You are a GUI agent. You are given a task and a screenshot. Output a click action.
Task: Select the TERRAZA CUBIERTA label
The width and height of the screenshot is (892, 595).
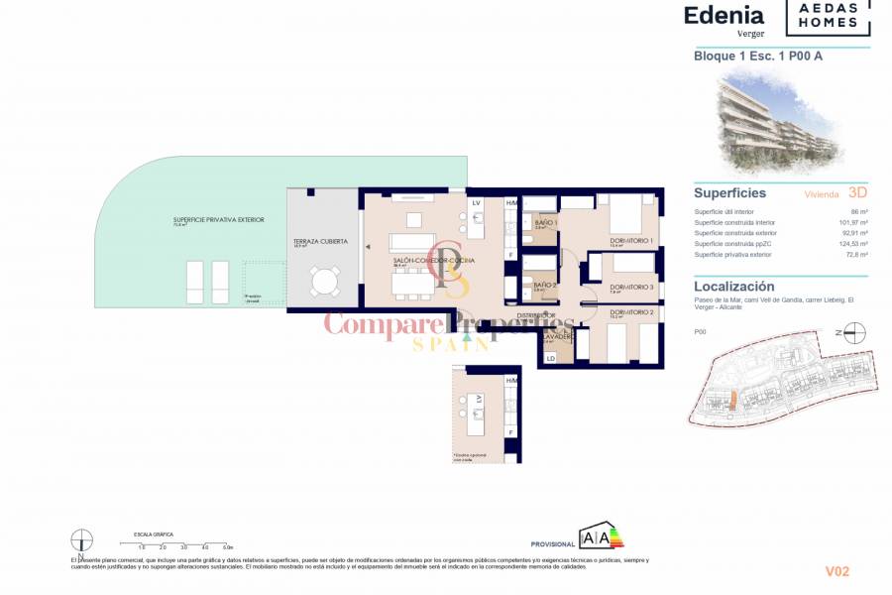click(319, 242)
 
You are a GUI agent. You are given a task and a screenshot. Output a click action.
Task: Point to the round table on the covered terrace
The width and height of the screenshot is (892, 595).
click(323, 283)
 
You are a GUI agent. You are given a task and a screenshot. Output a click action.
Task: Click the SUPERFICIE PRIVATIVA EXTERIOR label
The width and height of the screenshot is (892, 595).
click(218, 219)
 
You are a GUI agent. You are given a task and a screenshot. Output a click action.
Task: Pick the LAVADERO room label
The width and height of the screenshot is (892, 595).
click(557, 336)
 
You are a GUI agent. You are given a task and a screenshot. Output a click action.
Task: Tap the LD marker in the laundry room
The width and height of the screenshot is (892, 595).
click(551, 358)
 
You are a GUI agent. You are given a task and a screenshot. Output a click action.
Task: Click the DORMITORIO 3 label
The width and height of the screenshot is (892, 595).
click(631, 287)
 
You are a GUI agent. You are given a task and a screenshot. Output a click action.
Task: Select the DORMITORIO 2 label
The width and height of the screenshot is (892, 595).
click(631, 312)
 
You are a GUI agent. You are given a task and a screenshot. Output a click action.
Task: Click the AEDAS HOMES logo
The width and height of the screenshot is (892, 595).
click(829, 17)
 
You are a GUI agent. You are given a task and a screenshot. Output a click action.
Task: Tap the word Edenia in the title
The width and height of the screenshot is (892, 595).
click(724, 15)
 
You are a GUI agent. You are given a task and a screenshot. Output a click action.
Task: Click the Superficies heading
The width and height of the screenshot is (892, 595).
click(729, 193)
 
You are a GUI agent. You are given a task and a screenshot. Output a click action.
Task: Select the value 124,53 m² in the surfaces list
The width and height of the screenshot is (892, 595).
click(852, 244)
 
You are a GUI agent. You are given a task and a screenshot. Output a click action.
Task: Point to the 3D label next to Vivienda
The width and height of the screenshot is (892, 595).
click(858, 193)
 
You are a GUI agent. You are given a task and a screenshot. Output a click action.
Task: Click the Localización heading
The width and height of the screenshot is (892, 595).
click(734, 287)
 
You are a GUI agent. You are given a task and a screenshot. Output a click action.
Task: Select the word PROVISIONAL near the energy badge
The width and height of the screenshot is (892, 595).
click(553, 544)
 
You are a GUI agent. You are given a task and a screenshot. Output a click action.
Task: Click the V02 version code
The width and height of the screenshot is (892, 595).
click(837, 571)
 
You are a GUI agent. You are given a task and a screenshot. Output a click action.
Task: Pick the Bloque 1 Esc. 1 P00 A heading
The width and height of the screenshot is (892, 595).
click(758, 56)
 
